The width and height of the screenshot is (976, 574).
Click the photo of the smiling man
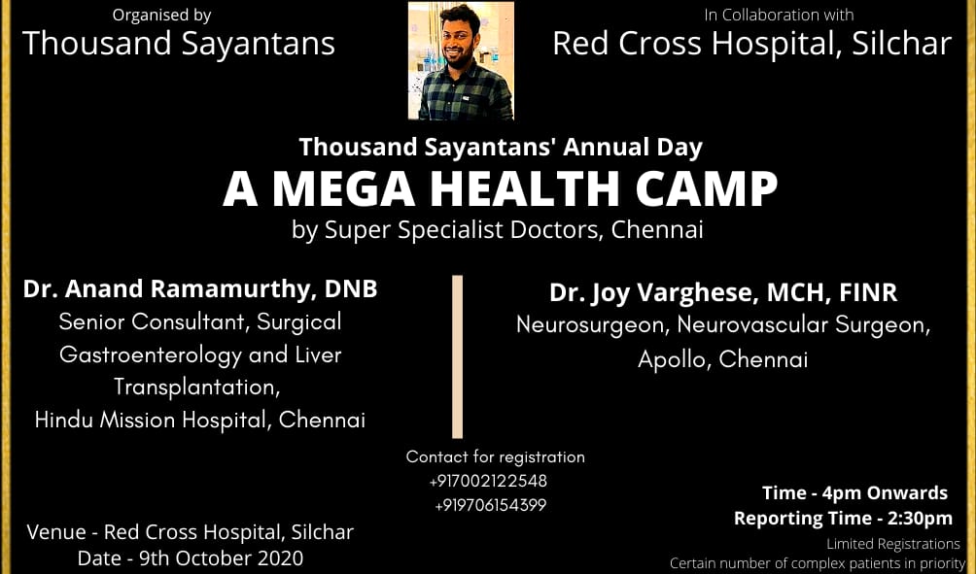(461, 60)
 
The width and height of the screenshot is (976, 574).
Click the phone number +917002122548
(488, 481)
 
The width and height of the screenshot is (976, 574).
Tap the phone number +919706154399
(491, 506)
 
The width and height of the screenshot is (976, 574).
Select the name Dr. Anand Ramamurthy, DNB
(200, 289)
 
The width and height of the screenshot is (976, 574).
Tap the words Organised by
(161, 15)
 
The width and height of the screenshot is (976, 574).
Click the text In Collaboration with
(779, 15)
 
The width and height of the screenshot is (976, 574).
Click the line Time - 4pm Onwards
(854, 493)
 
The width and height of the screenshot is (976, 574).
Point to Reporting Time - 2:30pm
(843, 518)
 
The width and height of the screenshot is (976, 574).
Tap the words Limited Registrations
(893, 544)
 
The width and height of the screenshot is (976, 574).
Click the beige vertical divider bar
(458, 357)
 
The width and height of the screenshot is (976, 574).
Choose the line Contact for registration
(496, 457)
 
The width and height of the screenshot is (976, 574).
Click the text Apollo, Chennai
(722, 359)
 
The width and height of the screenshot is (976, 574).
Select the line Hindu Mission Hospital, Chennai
(200, 420)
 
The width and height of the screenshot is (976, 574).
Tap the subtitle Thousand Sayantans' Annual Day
(501, 148)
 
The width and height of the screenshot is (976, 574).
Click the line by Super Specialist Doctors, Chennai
(498, 230)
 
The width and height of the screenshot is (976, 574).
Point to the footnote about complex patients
(818, 563)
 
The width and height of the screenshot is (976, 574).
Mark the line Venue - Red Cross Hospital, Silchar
(190, 532)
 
